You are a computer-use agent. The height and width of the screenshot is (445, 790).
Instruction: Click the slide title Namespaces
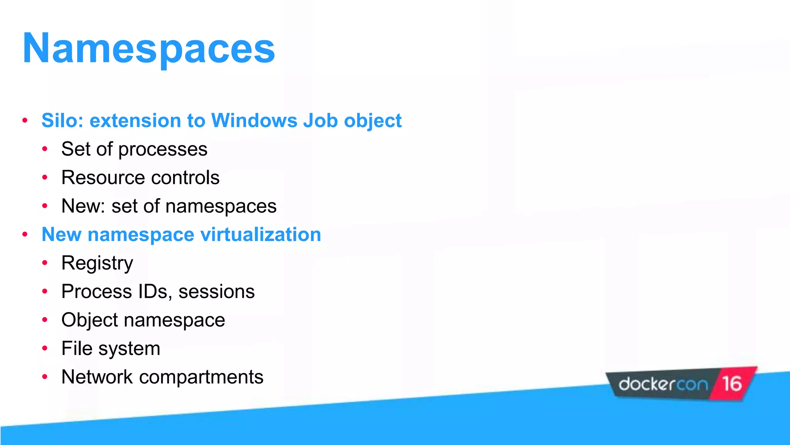[x=149, y=49]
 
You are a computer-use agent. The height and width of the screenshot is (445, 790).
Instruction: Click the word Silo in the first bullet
[x=62, y=121]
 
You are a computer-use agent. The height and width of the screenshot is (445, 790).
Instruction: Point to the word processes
[x=163, y=149]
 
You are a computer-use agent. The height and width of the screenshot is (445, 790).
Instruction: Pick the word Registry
[x=97, y=263]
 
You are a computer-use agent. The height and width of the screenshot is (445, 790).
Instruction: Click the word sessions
[x=216, y=292]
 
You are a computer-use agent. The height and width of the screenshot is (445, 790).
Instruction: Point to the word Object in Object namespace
[x=89, y=320]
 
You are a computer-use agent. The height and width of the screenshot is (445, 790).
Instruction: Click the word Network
[x=97, y=377]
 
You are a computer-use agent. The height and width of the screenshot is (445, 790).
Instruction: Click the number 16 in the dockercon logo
[x=732, y=384]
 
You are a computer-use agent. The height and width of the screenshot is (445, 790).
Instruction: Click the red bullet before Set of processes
[x=45, y=149]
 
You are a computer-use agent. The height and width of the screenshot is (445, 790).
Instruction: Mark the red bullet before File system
[x=45, y=348]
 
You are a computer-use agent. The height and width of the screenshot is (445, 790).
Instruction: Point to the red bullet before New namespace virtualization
[x=25, y=234]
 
